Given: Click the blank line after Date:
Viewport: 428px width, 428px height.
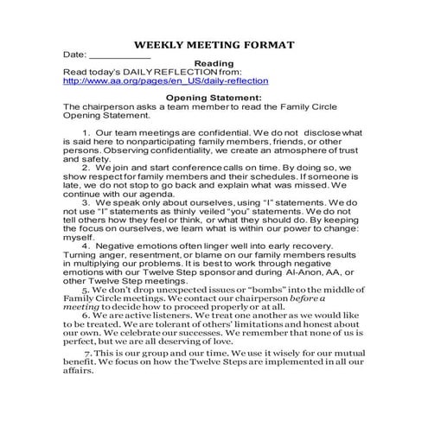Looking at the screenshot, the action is coord(120,54).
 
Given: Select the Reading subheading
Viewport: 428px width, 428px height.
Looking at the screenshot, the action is coord(213,63).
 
